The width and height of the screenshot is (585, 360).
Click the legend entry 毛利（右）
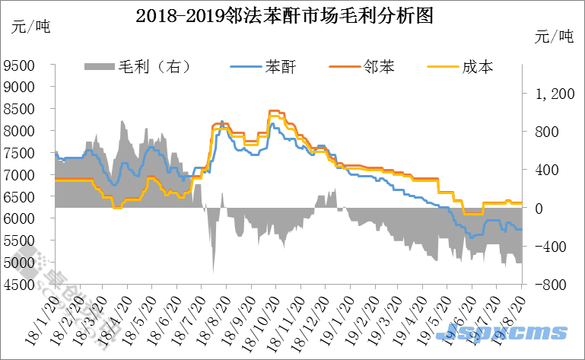(x=138, y=67)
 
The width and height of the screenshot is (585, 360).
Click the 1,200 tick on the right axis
(x=554, y=94)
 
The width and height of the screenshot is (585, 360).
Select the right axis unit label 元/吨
(x=553, y=36)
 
